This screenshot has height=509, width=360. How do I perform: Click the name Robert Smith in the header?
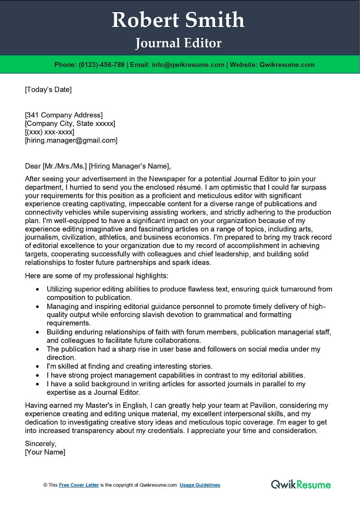(178, 20)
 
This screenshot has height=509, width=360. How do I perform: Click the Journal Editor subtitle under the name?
(178, 43)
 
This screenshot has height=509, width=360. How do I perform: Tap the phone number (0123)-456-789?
(101, 65)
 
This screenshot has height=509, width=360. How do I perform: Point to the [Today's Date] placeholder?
(48, 89)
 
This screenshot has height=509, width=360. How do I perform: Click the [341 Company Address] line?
(64, 115)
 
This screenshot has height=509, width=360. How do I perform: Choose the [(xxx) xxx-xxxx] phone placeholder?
(49, 132)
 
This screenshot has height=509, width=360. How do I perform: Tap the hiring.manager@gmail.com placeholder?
(71, 140)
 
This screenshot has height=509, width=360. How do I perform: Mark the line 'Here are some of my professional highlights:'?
(97, 276)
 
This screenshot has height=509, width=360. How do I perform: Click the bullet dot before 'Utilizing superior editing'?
(37, 289)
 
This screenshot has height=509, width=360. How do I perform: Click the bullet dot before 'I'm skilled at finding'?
(37, 366)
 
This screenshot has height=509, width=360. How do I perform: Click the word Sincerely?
(40, 444)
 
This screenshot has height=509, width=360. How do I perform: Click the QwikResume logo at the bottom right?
(301, 484)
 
